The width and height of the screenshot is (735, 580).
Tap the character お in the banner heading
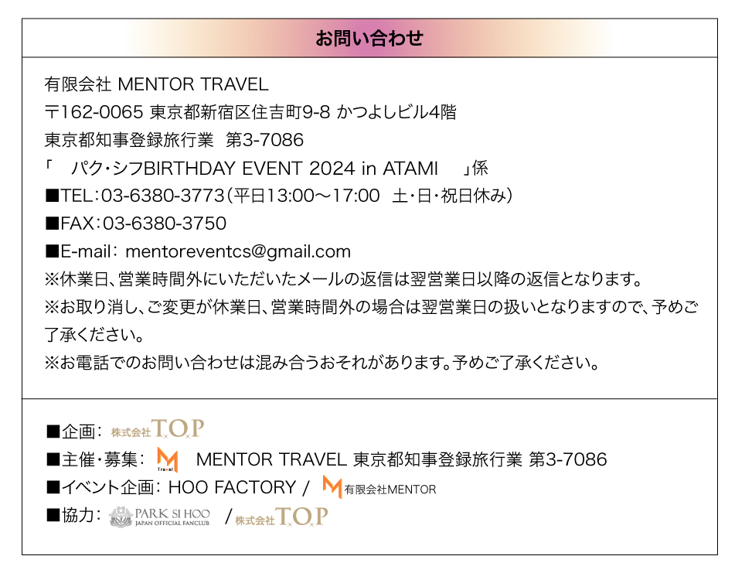point(324,38)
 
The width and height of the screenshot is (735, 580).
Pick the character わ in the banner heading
point(396,38)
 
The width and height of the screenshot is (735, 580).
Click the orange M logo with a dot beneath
point(168,459)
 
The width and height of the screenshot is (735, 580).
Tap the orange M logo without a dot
point(332,486)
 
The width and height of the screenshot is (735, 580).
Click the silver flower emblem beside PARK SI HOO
point(120,517)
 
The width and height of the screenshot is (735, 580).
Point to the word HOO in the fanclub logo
point(197,513)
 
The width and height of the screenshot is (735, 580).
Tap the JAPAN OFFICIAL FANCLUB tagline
point(172,524)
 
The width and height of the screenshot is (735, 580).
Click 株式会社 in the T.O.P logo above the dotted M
point(130,433)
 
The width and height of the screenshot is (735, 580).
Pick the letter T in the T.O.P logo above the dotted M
point(160,428)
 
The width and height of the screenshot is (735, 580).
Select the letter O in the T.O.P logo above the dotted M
point(179,428)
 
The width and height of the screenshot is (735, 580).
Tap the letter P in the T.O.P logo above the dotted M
point(197,428)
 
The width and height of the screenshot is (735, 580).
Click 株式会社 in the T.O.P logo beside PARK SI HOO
point(254,521)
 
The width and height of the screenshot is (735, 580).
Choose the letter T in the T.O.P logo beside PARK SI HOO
point(284,517)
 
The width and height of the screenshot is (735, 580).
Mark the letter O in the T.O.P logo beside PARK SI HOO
point(302,517)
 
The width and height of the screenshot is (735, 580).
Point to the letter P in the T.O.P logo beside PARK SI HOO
point(321,516)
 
